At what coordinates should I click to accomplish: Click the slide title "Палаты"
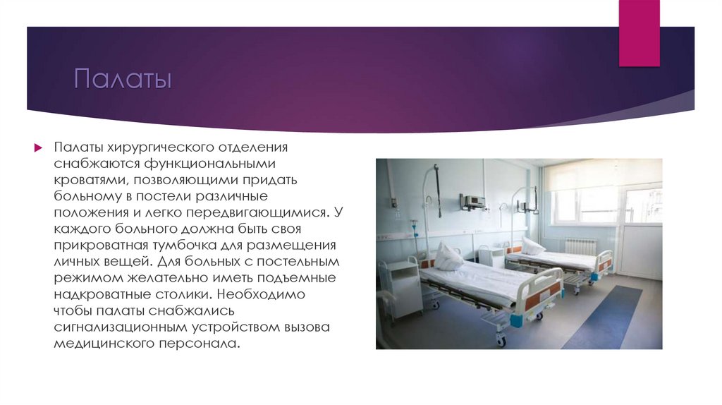point(123,79)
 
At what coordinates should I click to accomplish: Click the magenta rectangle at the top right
point(638,33)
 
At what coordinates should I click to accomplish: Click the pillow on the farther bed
point(532,246)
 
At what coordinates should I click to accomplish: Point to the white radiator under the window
point(580,246)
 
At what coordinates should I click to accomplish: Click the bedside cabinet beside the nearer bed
point(401,286)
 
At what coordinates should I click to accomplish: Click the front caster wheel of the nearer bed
point(501,341)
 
